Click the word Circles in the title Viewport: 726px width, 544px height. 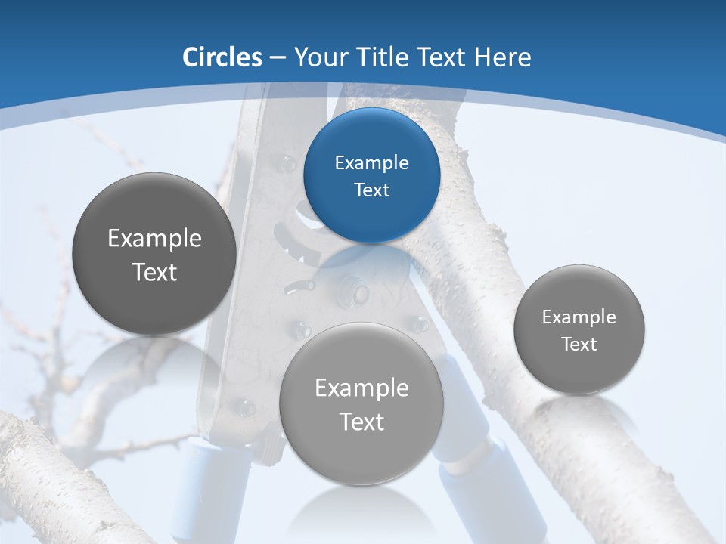[x=222, y=57]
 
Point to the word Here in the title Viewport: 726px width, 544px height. [x=502, y=57]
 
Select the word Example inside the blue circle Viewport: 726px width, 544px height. [x=371, y=162]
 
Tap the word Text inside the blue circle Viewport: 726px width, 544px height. [x=371, y=190]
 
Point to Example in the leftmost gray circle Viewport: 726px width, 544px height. [x=154, y=239]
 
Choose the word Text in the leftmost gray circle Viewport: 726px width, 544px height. [x=154, y=272]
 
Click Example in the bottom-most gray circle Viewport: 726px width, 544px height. [x=361, y=388]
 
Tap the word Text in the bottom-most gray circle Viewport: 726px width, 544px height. [x=361, y=422]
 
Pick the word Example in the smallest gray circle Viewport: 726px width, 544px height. [x=579, y=317]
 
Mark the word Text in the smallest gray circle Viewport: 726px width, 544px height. [x=579, y=345]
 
